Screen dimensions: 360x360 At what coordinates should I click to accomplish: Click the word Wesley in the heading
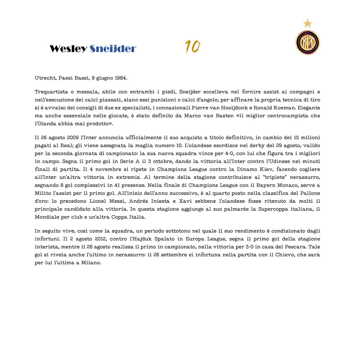(x=68, y=49)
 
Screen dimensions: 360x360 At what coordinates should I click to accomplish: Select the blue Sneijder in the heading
(x=113, y=49)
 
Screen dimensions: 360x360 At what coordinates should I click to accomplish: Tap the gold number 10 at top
(x=192, y=47)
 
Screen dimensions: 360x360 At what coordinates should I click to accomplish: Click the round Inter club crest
(x=307, y=42)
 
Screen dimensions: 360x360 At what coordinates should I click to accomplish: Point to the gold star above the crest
(x=307, y=24)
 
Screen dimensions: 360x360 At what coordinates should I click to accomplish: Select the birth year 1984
(x=121, y=78)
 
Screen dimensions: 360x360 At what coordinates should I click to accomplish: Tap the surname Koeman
(x=282, y=108)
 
